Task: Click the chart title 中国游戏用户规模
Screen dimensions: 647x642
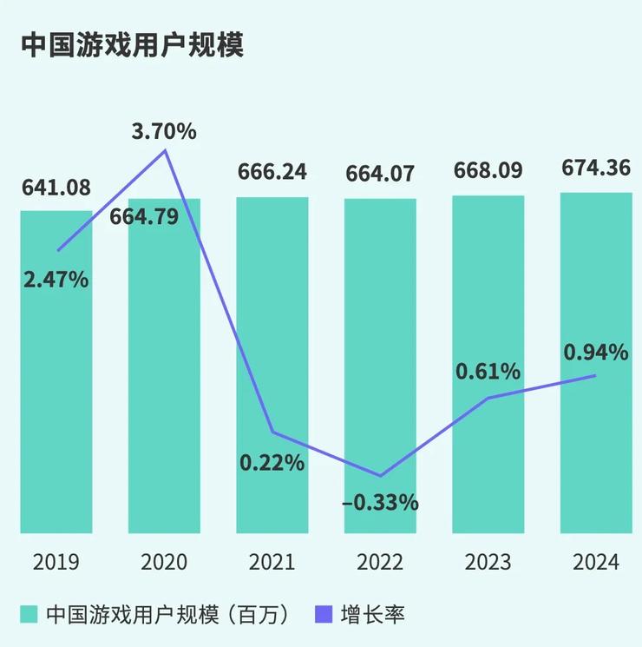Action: click(x=133, y=46)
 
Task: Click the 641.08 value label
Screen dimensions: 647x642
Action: click(x=56, y=187)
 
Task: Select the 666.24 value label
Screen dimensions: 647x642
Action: click(x=272, y=172)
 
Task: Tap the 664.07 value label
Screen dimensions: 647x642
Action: click(x=380, y=174)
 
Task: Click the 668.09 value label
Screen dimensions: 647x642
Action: click(x=488, y=170)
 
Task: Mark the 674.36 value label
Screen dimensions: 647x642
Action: click(x=595, y=167)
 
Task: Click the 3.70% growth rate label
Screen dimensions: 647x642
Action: click(x=164, y=132)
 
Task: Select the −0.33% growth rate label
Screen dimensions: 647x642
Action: click(x=380, y=502)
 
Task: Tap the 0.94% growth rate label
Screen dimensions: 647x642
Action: click(x=595, y=352)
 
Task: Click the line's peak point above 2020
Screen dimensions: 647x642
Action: click(x=165, y=151)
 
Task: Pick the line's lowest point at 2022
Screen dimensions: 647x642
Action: click(x=380, y=476)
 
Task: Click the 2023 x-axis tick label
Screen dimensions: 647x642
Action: click(x=488, y=562)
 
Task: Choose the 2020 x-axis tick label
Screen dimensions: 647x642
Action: click(x=164, y=562)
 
